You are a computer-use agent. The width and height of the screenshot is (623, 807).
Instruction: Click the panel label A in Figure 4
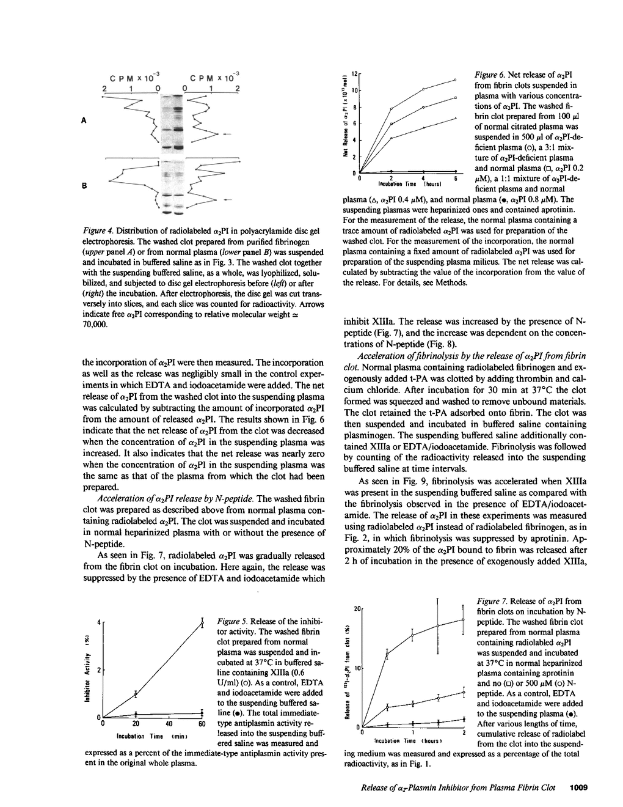tap(82, 120)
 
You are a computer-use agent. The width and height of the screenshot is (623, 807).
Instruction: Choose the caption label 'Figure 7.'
tap(490, 602)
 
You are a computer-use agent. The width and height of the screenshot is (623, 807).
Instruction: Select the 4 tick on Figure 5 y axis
tap(98, 624)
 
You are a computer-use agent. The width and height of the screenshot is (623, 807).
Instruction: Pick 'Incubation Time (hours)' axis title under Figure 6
tap(405, 183)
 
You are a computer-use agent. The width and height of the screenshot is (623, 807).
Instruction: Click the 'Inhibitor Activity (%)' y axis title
tap(87, 670)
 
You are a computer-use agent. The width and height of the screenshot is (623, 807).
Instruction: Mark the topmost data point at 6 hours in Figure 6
tap(456, 79)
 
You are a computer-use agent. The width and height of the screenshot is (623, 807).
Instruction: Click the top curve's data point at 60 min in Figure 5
tap(202, 623)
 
